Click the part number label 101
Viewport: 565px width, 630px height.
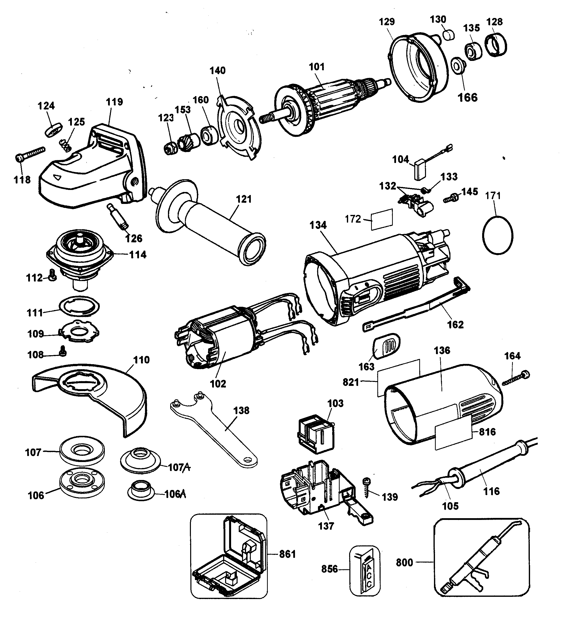click(x=316, y=67)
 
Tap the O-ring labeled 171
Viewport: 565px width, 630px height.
click(x=498, y=236)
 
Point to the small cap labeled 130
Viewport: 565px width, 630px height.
click(x=448, y=35)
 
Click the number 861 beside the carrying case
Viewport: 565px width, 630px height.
click(x=287, y=554)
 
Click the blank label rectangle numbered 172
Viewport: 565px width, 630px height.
click(x=382, y=219)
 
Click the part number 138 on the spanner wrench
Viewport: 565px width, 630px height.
click(x=241, y=411)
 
